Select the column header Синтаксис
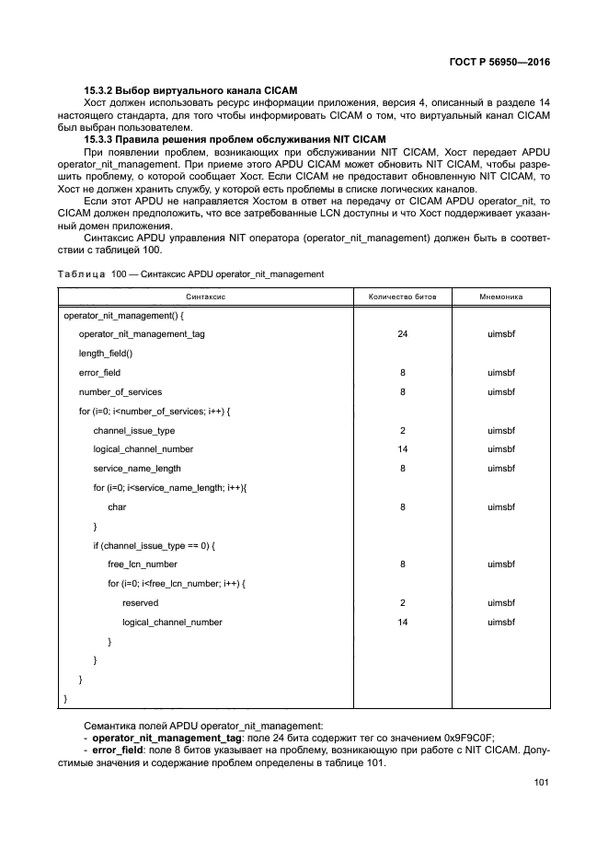pyautogui.click(x=206, y=297)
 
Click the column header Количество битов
pyautogui.click(x=402, y=297)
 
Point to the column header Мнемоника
pyautogui.click(x=501, y=297)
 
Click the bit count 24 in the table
pyautogui.click(x=402, y=333)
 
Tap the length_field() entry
pyautogui.click(x=106, y=353)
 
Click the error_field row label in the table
pyautogui.click(x=99, y=372)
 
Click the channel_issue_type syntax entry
pyautogui.click(x=133, y=430)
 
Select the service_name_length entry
pyautogui.click(x=137, y=468)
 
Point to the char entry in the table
pyautogui.click(x=117, y=506)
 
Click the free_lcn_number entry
pyautogui.click(x=142, y=564)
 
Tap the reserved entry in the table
pyautogui.click(x=140, y=602)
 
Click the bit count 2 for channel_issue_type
pyautogui.click(x=402, y=430)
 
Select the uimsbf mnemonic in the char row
pyautogui.click(x=501, y=506)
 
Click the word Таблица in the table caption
pyautogui.click(x=81, y=274)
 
